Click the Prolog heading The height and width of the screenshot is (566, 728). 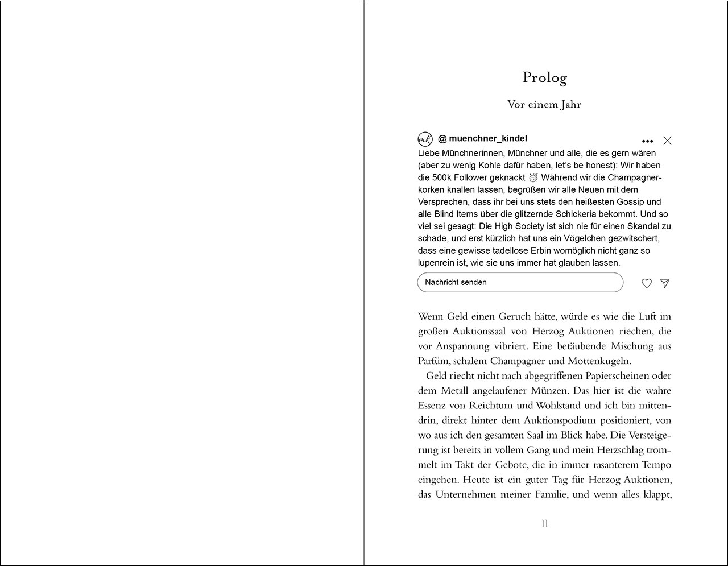tap(544, 77)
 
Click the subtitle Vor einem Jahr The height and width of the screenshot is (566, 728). tap(544, 104)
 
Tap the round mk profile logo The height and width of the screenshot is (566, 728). tap(425, 139)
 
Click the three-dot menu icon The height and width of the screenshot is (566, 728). tap(647, 141)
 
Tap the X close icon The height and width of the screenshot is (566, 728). tap(667, 141)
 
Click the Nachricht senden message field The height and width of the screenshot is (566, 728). tap(520, 282)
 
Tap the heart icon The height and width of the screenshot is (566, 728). tap(647, 283)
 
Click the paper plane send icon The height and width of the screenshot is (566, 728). tap(664, 283)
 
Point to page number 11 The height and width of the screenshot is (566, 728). tap(544, 523)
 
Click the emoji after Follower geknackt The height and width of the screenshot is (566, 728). tap(533, 177)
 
